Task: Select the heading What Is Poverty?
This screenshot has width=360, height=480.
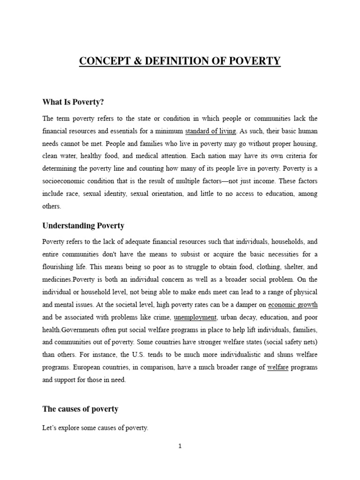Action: coord(73,102)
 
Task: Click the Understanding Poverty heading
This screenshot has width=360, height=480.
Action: coord(83,225)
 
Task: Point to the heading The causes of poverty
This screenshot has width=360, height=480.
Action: coord(80,409)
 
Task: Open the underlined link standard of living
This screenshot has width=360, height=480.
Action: coord(211,130)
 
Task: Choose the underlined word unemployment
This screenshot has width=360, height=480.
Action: coord(195,317)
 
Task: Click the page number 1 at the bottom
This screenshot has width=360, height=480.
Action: coord(180,446)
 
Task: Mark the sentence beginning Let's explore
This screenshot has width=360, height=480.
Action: coord(95,428)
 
